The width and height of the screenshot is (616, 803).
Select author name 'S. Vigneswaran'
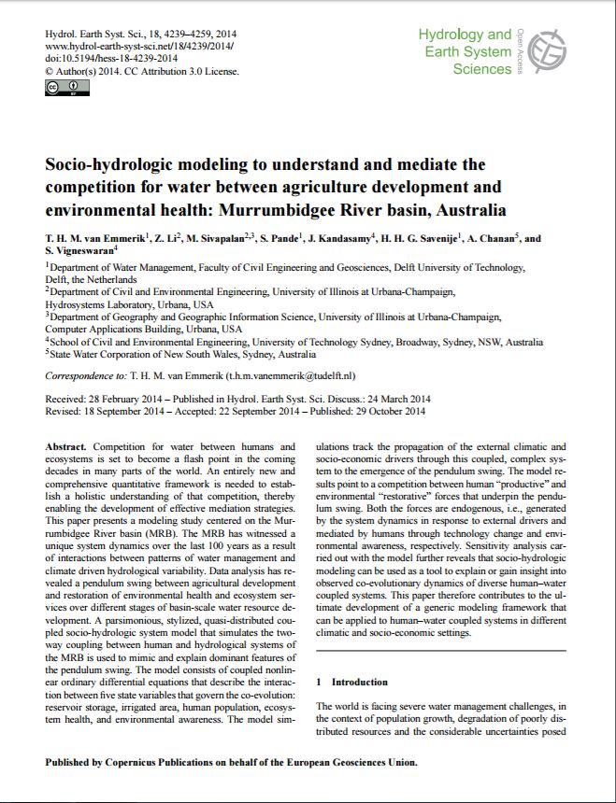(x=79, y=252)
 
